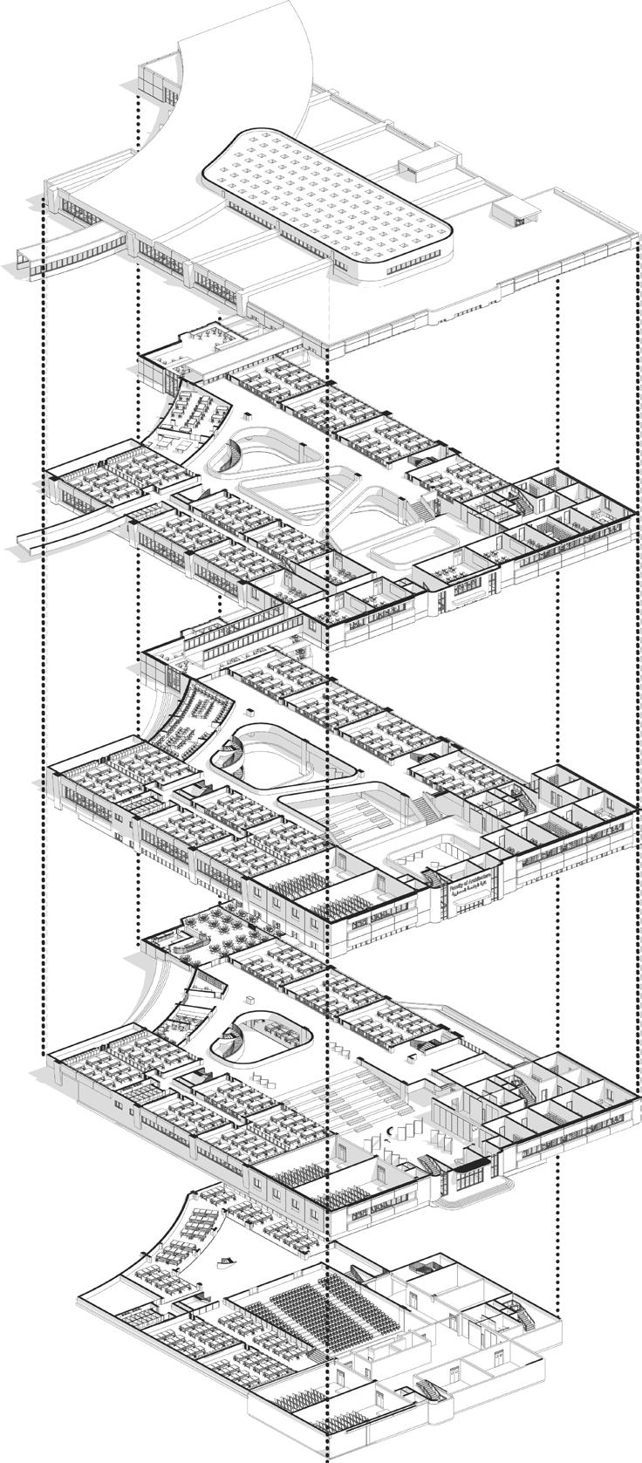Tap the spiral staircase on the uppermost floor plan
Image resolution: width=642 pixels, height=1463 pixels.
[x=237, y=454]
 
